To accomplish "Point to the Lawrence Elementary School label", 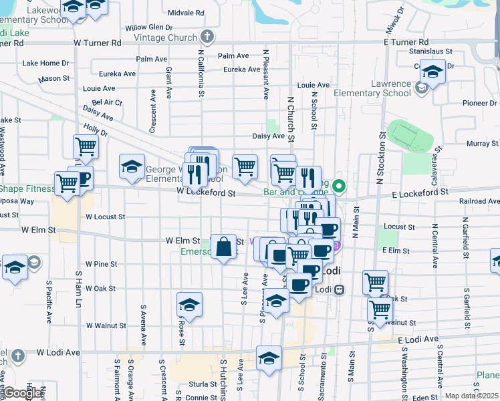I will point(382,88).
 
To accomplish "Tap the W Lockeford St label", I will point(207,192).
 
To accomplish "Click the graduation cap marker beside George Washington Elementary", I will point(132,166).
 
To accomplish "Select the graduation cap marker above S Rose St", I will point(190,305).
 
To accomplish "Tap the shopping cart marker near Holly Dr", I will point(86,146).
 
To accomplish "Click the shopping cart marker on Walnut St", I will point(380,310).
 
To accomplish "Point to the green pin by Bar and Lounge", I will point(339,186).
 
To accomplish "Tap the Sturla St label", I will point(200,384).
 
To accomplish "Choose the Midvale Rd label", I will point(186,13).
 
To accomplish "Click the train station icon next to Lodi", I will point(340,289).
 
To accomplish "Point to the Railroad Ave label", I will point(477,201).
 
